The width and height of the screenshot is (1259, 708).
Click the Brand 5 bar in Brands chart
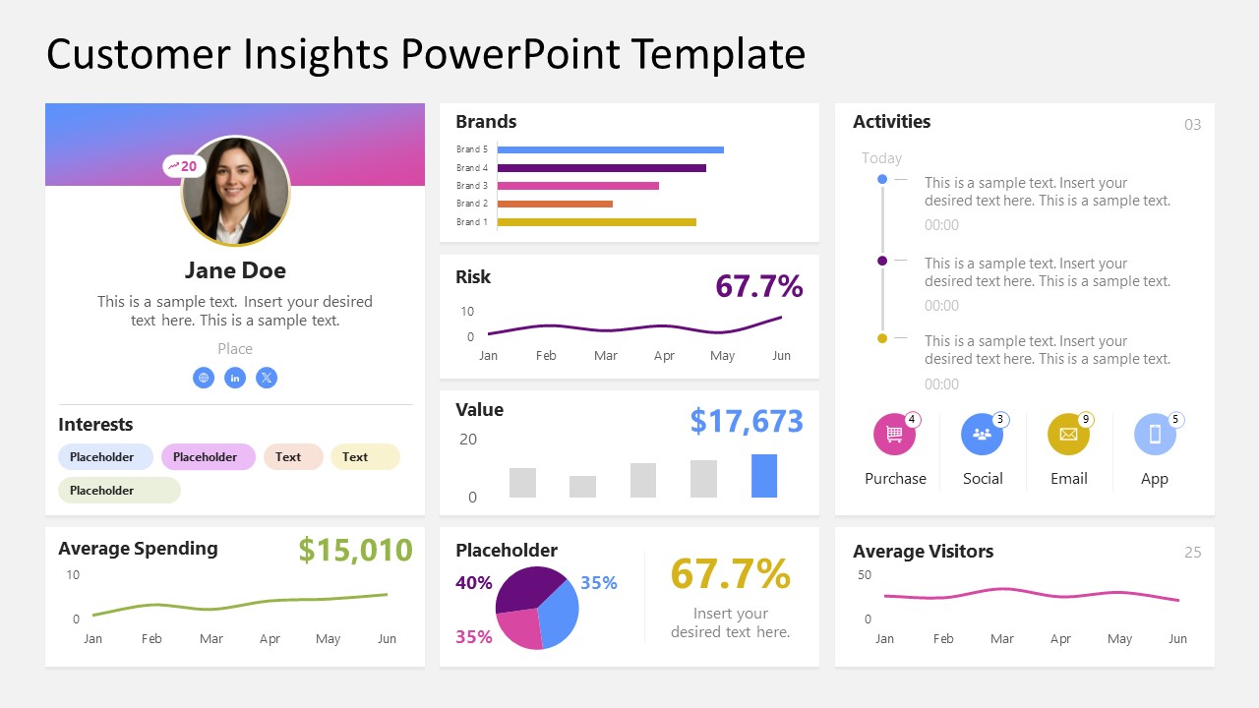(x=610, y=149)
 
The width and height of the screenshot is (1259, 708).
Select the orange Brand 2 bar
(x=555, y=204)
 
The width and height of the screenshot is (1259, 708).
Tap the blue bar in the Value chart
(x=763, y=476)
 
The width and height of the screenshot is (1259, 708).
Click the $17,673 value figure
(x=746, y=421)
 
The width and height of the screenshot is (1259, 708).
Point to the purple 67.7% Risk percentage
(x=758, y=286)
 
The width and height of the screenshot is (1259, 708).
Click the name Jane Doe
(x=235, y=270)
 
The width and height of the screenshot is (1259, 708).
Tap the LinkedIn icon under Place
(x=235, y=378)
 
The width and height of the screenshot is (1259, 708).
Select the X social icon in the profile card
(x=267, y=378)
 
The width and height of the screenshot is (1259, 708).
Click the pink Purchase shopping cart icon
(x=894, y=435)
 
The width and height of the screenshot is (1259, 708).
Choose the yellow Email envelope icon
(x=1067, y=435)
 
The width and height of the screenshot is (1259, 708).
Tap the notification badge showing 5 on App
(x=1175, y=420)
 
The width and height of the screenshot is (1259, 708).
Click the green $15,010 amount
(x=355, y=550)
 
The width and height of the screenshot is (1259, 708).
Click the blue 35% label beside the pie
(x=598, y=583)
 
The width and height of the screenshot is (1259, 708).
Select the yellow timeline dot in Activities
(x=882, y=338)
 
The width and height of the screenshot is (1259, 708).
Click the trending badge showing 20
(x=183, y=166)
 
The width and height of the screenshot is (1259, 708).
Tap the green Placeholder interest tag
(x=119, y=490)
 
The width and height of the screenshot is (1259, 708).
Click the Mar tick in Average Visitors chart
(x=1001, y=639)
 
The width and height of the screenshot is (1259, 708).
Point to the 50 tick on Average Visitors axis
(x=865, y=575)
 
